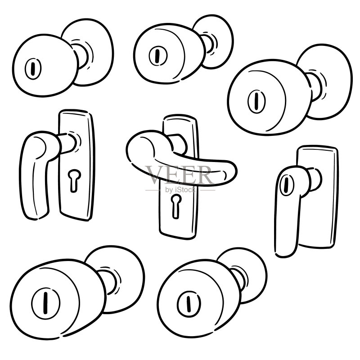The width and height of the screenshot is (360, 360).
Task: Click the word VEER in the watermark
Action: pyautogui.click(x=180, y=175)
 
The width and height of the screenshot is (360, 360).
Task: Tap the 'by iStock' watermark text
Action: pyautogui.click(x=180, y=190)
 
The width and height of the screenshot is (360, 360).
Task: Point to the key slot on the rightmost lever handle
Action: pyautogui.click(x=286, y=185)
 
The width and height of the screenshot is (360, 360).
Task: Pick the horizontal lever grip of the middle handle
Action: pyautogui.click(x=181, y=161)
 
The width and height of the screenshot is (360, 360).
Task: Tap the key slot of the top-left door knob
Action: pyautogui.click(x=33, y=69)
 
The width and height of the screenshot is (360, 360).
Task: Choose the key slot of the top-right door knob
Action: pyautogui.click(x=256, y=101)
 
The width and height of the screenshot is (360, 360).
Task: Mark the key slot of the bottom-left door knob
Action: pyautogui.click(x=45, y=302)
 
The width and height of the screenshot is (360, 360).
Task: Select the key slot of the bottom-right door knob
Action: pyautogui.click(x=189, y=304)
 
